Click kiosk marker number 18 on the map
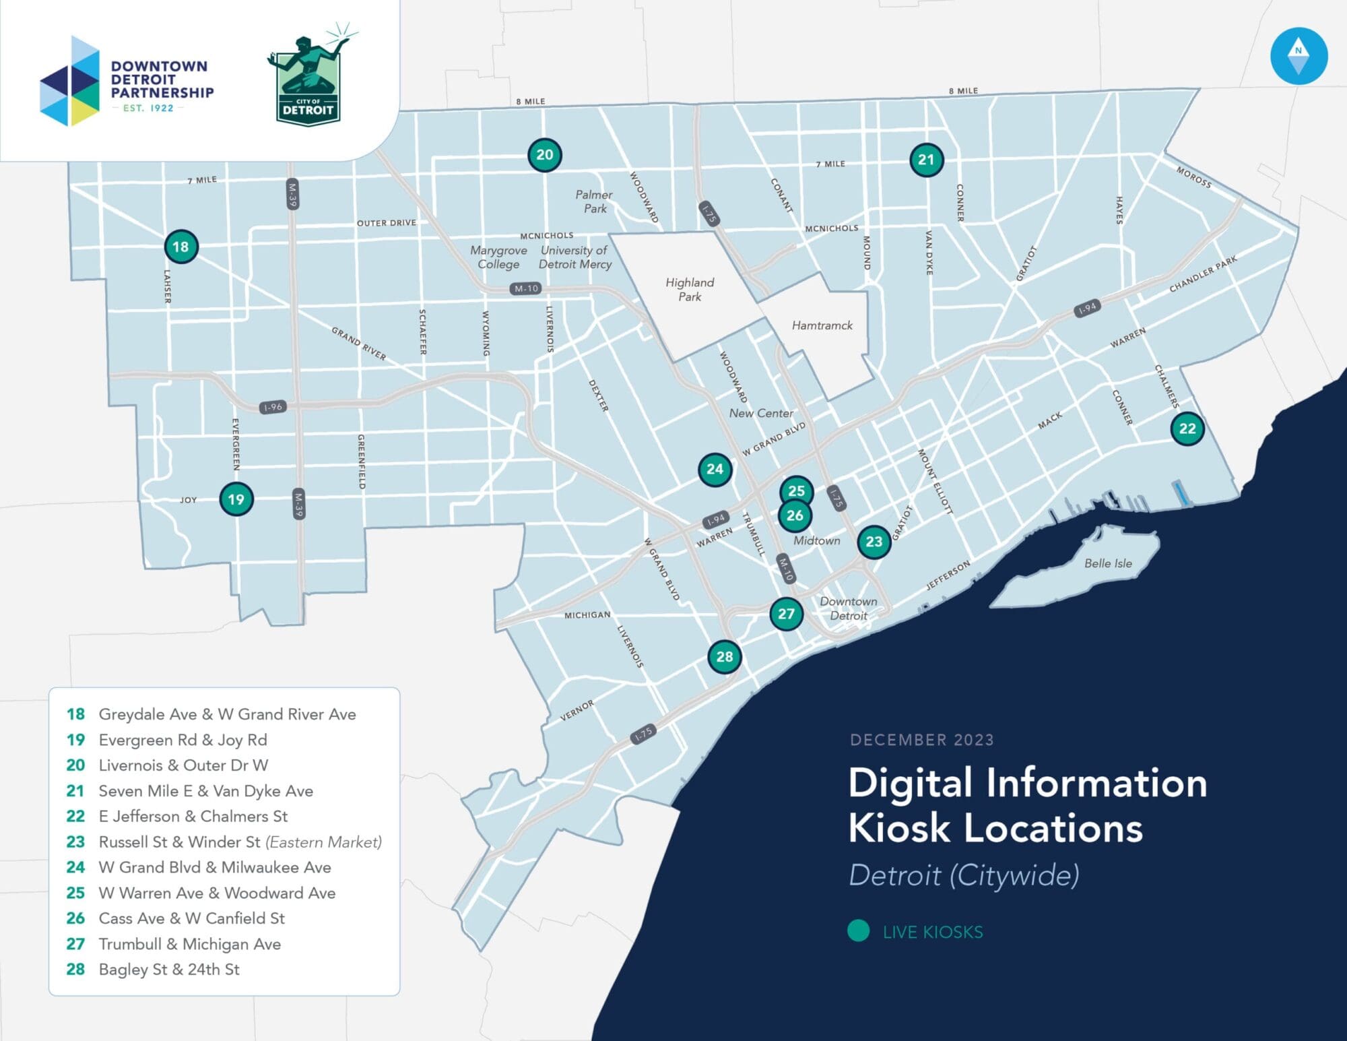pyautogui.click(x=180, y=247)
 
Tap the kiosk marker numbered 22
pyautogui.click(x=1187, y=429)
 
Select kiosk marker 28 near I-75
pyautogui.click(x=724, y=656)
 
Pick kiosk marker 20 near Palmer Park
pyautogui.click(x=544, y=155)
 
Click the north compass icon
pyautogui.click(x=1298, y=56)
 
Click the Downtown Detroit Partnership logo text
pyautogui.click(x=162, y=80)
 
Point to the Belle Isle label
pyautogui.click(x=1107, y=563)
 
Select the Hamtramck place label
pyautogui.click(x=822, y=325)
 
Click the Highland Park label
pyautogui.click(x=690, y=290)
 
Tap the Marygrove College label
pyautogui.click(x=498, y=257)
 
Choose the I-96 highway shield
pyautogui.click(x=273, y=407)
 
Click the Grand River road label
pyautogui.click(x=358, y=344)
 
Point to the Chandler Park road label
pyautogui.click(x=1203, y=274)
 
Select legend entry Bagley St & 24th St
pyautogui.click(x=169, y=970)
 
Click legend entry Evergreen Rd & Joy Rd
pyautogui.click(x=183, y=740)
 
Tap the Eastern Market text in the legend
pyautogui.click(x=323, y=842)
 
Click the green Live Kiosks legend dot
pyautogui.click(x=858, y=931)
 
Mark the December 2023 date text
pyautogui.click(x=921, y=740)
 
